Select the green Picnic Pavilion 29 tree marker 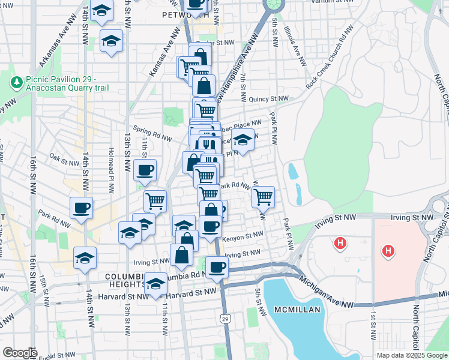coord(16,81)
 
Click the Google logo coord(19,353)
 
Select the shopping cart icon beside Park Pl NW coord(263,196)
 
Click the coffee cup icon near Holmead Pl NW coord(145,170)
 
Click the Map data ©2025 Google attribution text coord(412,355)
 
